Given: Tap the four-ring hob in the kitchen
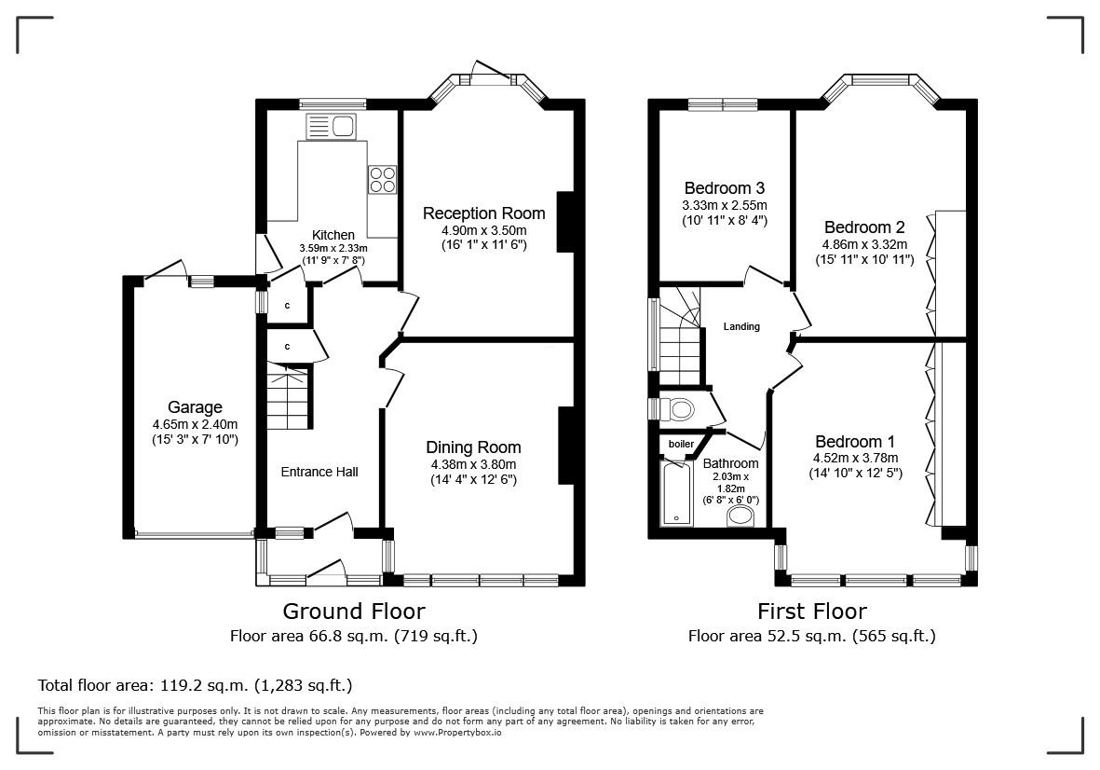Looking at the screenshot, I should pos(382,179).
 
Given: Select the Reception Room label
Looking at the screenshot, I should pos(483,213).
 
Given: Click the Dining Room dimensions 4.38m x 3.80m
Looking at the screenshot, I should pos(473,464).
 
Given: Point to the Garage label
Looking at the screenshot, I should pos(195,407).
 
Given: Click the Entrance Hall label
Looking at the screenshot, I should pos(319,472).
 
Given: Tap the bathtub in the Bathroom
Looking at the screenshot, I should pos(674,494).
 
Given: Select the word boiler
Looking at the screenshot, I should pos(681,444).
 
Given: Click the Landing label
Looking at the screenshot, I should pos(741,326).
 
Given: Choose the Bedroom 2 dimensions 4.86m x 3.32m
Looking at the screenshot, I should pos(863,244).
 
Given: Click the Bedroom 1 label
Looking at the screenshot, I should pos(854,442).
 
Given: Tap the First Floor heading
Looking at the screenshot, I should pos(811,612).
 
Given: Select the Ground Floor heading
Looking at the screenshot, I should pos(353,612).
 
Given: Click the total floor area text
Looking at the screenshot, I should pos(195,685).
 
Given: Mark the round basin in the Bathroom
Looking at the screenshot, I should pos(742,516).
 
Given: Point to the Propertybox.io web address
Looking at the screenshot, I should pos(457,733).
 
